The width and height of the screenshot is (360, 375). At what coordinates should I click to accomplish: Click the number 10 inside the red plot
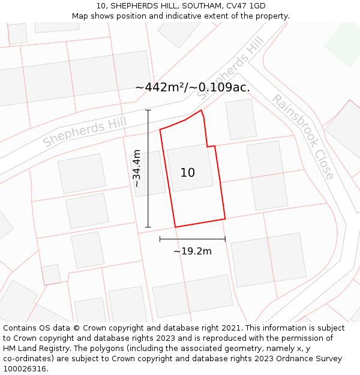pyautogui.click(x=187, y=173)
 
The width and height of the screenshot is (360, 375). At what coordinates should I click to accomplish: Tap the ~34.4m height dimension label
pyautogui.click(x=137, y=169)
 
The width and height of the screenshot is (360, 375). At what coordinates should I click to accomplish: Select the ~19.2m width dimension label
pyautogui.click(x=193, y=251)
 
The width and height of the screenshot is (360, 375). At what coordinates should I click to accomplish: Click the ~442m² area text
pyautogui.click(x=161, y=88)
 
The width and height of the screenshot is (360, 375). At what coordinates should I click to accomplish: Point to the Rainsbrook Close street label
pyautogui.click(x=303, y=137)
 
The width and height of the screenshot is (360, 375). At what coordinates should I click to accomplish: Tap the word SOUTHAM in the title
pyautogui.click(x=188, y=6)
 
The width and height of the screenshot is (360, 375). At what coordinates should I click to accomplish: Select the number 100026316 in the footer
pyautogui.click(x=24, y=369)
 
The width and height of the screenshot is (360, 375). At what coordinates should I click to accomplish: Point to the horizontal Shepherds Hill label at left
pyautogui.click(x=85, y=132)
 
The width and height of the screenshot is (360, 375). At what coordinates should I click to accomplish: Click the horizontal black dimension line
pyautogui.click(x=193, y=239)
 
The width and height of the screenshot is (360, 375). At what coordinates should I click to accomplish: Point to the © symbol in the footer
pyautogui.click(x=77, y=328)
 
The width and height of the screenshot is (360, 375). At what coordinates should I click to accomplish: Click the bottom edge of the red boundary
pyautogui.click(x=200, y=223)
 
